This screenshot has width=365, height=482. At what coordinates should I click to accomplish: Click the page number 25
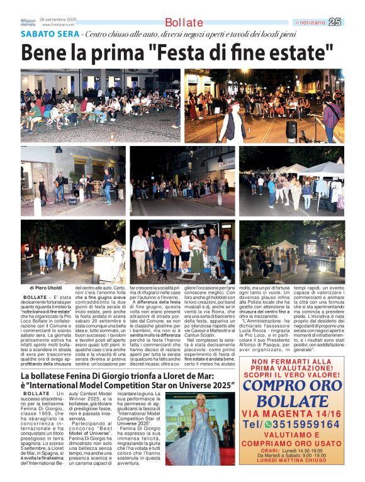point(336,22)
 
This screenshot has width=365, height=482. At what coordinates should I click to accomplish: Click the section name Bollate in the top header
point(184,23)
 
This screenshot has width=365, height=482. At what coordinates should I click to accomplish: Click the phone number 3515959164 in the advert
point(301,424)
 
